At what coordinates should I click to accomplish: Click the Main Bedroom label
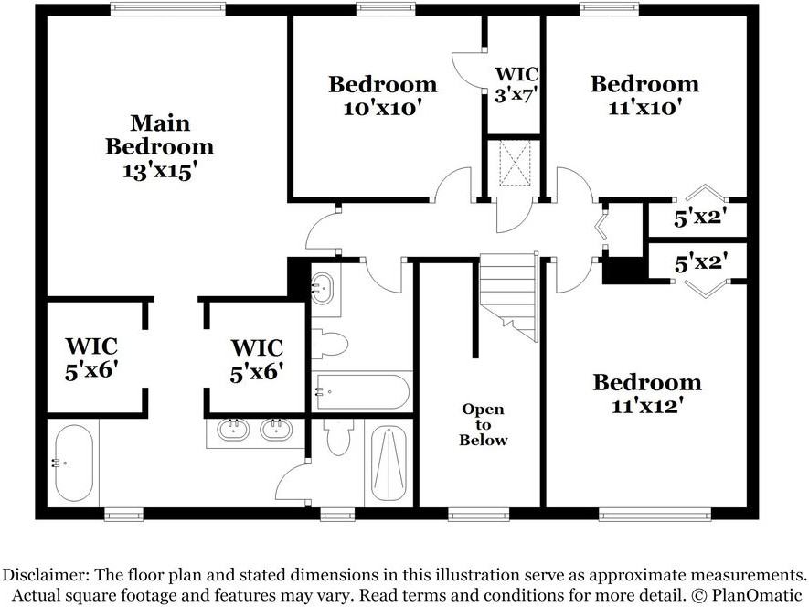tap(159, 134)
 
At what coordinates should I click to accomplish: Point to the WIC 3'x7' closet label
tap(516, 85)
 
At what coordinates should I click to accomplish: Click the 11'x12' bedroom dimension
tap(647, 406)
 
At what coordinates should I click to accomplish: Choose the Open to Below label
tap(484, 424)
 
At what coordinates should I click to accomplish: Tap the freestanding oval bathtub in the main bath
tap(74, 463)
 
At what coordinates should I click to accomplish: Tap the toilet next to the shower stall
tap(338, 437)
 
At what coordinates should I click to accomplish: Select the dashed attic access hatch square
tap(515, 163)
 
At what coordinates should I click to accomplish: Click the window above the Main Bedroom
tap(168, 8)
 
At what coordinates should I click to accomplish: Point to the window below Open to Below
tap(478, 514)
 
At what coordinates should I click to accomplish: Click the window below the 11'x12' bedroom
tap(655, 514)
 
